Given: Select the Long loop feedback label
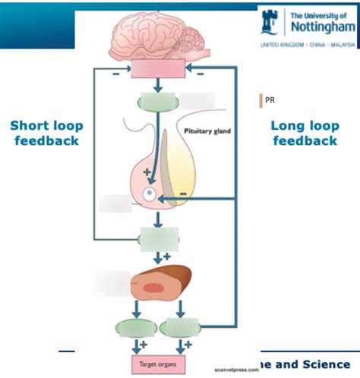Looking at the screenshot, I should click(305, 133).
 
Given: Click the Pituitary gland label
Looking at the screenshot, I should click(207, 131).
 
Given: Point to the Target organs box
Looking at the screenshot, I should click(158, 366).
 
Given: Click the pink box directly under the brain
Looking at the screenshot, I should click(158, 71).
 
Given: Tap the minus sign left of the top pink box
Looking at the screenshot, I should click(115, 75).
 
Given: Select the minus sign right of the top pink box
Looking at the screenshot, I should click(199, 75).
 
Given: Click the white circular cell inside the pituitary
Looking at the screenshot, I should click(150, 195).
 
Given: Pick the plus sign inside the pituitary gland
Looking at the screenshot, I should click(147, 175).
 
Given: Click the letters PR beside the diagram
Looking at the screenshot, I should click(270, 99).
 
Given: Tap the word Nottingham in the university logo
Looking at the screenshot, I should click(320, 27).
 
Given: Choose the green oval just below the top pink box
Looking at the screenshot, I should click(156, 100).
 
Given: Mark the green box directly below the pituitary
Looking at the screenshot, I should click(158, 238).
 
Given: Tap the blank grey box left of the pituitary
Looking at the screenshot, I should click(115, 203).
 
